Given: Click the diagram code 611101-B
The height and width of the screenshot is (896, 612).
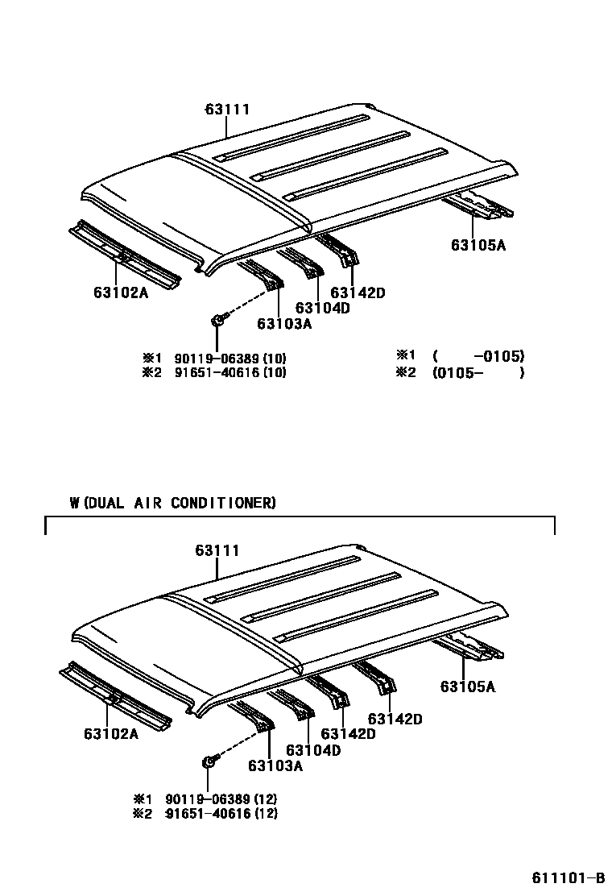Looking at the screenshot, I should coord(567,877).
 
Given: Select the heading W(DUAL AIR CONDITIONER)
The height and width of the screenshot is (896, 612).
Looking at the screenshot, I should coord(173,504).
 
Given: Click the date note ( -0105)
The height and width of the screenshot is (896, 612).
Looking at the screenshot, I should coord(478,356).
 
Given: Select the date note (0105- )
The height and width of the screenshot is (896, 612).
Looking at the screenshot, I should coord(478,372).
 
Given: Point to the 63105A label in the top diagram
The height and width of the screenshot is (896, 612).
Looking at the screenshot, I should coord(478,245).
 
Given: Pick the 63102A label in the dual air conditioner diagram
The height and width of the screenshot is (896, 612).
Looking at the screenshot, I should coord(110,734).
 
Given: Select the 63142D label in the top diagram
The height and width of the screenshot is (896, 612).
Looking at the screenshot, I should coord(358,293).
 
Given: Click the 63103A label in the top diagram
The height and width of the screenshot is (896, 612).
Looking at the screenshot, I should coord(284,324).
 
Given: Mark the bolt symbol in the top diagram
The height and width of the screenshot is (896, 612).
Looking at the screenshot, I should coord(217,320).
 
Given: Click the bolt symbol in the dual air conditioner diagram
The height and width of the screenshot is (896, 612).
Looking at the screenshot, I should coord(209,761).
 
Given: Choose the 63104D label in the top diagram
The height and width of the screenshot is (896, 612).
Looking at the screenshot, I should coord(322,308).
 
